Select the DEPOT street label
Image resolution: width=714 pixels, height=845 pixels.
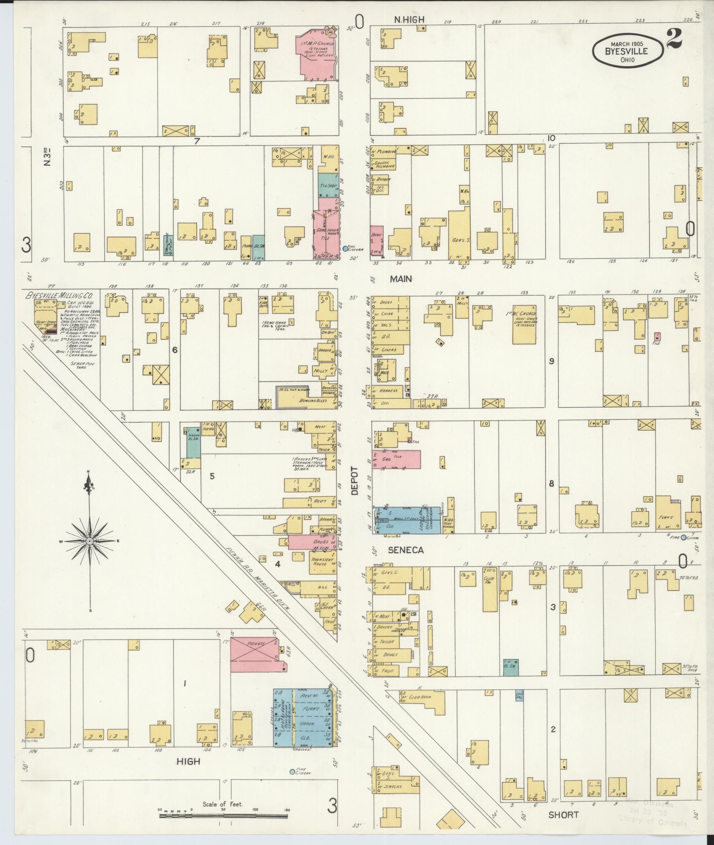[354, 481]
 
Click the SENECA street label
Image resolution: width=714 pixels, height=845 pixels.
[405, 550]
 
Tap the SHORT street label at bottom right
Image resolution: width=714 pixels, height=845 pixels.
[563, 814]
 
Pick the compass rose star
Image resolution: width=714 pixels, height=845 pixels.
[89, 542]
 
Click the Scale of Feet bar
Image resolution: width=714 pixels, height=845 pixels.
[224, 816]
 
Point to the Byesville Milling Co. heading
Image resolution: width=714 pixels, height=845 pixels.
[61, 295]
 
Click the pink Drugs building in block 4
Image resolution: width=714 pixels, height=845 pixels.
[312, 542]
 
